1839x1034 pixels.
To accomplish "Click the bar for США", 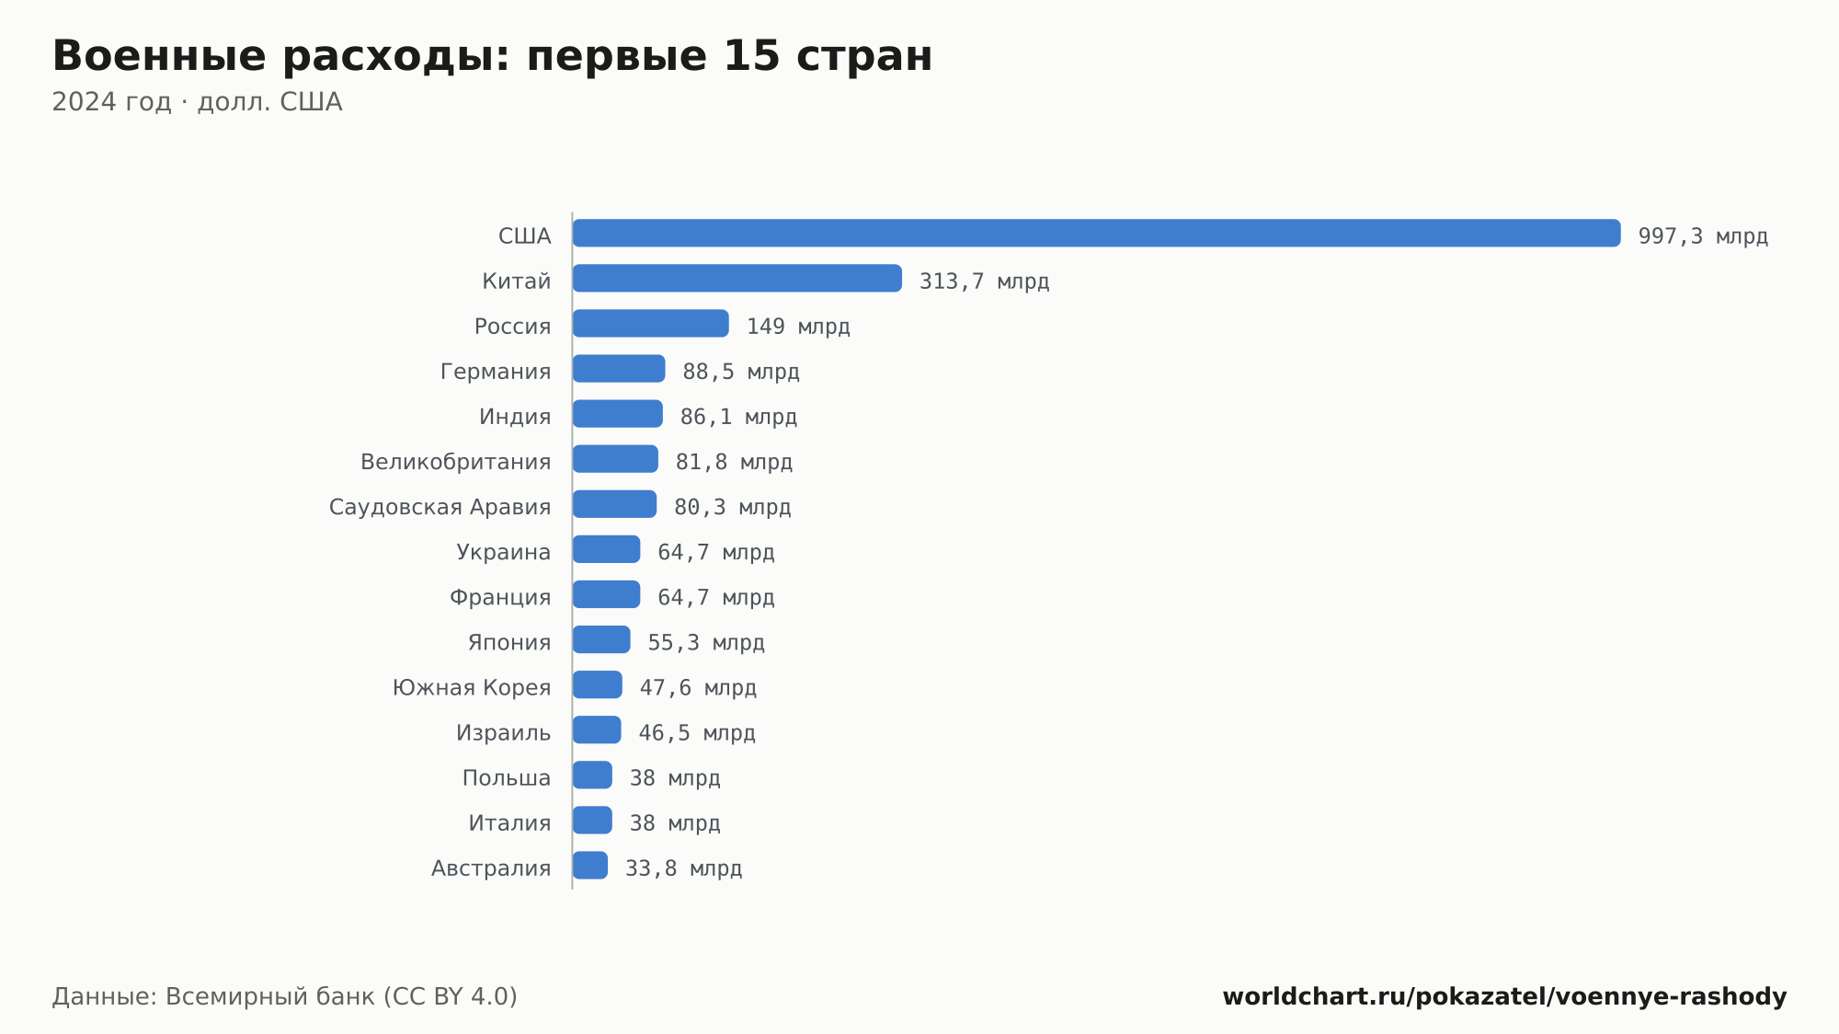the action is click(x=1096, y=233).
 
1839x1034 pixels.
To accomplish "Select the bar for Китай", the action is click(x=737, y=278).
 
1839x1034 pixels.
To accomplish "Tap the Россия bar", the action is click(x=651, y=323).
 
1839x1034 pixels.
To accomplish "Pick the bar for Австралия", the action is click(x=590, y=866).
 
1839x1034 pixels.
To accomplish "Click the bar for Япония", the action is click(x=601, y=639).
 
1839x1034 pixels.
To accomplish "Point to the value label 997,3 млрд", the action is click(x=1703, y=236).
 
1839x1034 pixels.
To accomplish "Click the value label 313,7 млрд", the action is click(x=984, y=281).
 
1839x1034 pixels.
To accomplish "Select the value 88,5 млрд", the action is click(x=741, y=372).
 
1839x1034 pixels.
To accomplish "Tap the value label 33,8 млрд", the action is click(x=683, y=868).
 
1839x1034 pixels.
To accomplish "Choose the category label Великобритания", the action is click(x=456, y=462).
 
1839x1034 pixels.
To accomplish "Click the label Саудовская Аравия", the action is click(x=440, y=507).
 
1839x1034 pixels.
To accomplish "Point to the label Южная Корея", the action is click(x=472, y=687).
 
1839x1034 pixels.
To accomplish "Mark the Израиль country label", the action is click(x=504, y=733).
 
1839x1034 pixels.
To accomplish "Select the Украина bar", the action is click(x=607, y=549).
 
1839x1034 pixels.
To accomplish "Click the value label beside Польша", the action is click(x=675, y=778).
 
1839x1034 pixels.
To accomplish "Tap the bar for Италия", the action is click(x=592, y=821).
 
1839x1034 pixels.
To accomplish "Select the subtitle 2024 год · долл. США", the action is click(x=197, y=102).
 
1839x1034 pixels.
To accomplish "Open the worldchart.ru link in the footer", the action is click(x=1504, y=997).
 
